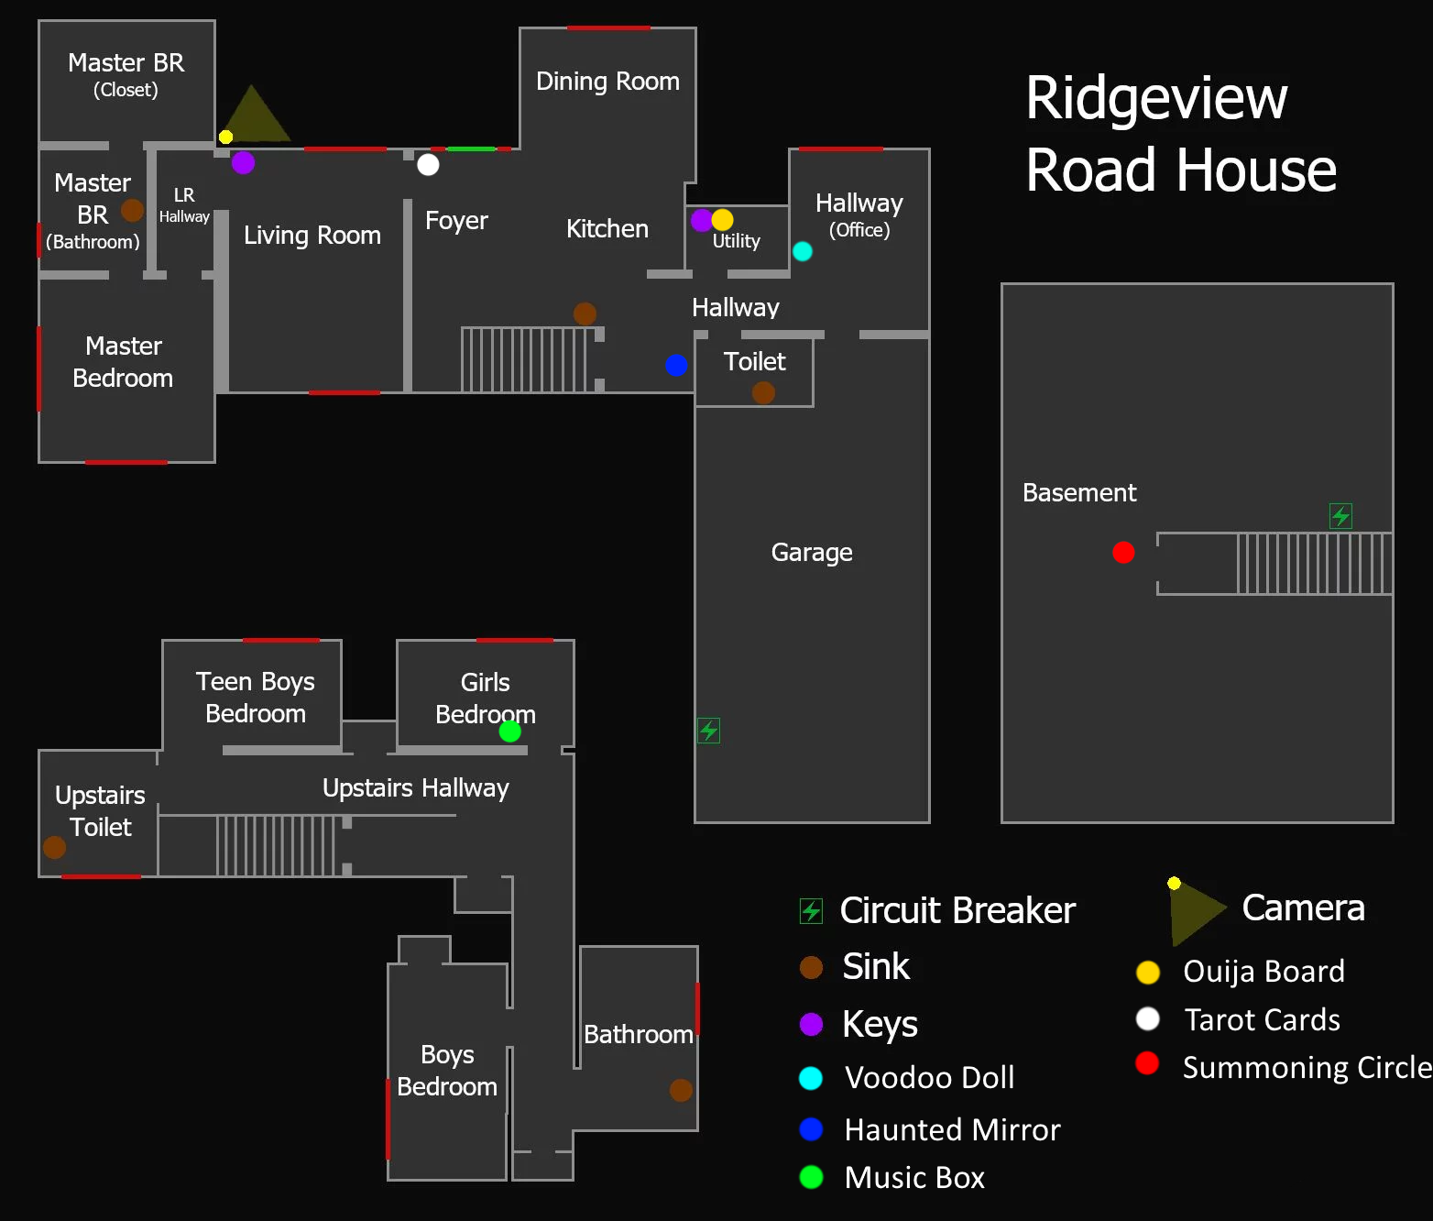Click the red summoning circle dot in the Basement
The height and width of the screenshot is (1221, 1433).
(x=1123, y=552)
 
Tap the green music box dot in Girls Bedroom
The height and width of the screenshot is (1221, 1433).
(x=509, y=731)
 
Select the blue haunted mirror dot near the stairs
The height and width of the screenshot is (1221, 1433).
(x=676, y=365)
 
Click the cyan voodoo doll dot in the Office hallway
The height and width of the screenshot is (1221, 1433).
(x=802, y=251)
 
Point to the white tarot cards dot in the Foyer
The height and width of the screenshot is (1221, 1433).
(x=428, y=164)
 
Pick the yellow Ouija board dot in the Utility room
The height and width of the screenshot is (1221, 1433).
(x=723, y=220)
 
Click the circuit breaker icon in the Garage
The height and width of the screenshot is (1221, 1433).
(x=708, y=731)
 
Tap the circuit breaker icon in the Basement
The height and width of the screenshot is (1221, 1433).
(x=1340, y=516)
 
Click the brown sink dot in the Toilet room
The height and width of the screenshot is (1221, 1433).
(x=763, y=392)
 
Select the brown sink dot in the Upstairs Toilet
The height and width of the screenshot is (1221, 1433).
(x=55, y=847)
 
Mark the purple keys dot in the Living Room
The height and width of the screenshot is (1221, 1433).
(x=243, y=162)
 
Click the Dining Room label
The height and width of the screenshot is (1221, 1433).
(x=607, y=82)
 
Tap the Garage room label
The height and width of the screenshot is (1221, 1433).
(x=812, y=552)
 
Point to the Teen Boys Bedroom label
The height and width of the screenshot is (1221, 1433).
(x=256, y=698)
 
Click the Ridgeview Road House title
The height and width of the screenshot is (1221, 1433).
(x=1180, y=134)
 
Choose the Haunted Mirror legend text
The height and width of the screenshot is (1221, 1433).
(x=952, y=1129)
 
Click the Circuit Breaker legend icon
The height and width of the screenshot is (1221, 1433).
(x=811, y=910)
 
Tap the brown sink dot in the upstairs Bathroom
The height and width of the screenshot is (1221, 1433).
(x=681, y=1090)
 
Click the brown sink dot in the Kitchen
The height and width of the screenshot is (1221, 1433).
(x=585, y=313)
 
